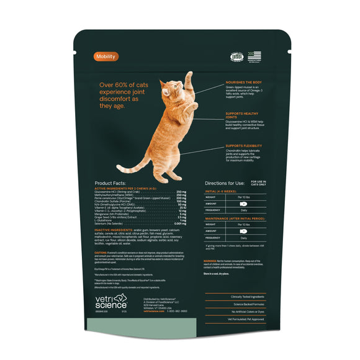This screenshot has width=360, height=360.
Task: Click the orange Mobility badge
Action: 106,57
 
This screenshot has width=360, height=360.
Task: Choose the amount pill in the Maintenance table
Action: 243,230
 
